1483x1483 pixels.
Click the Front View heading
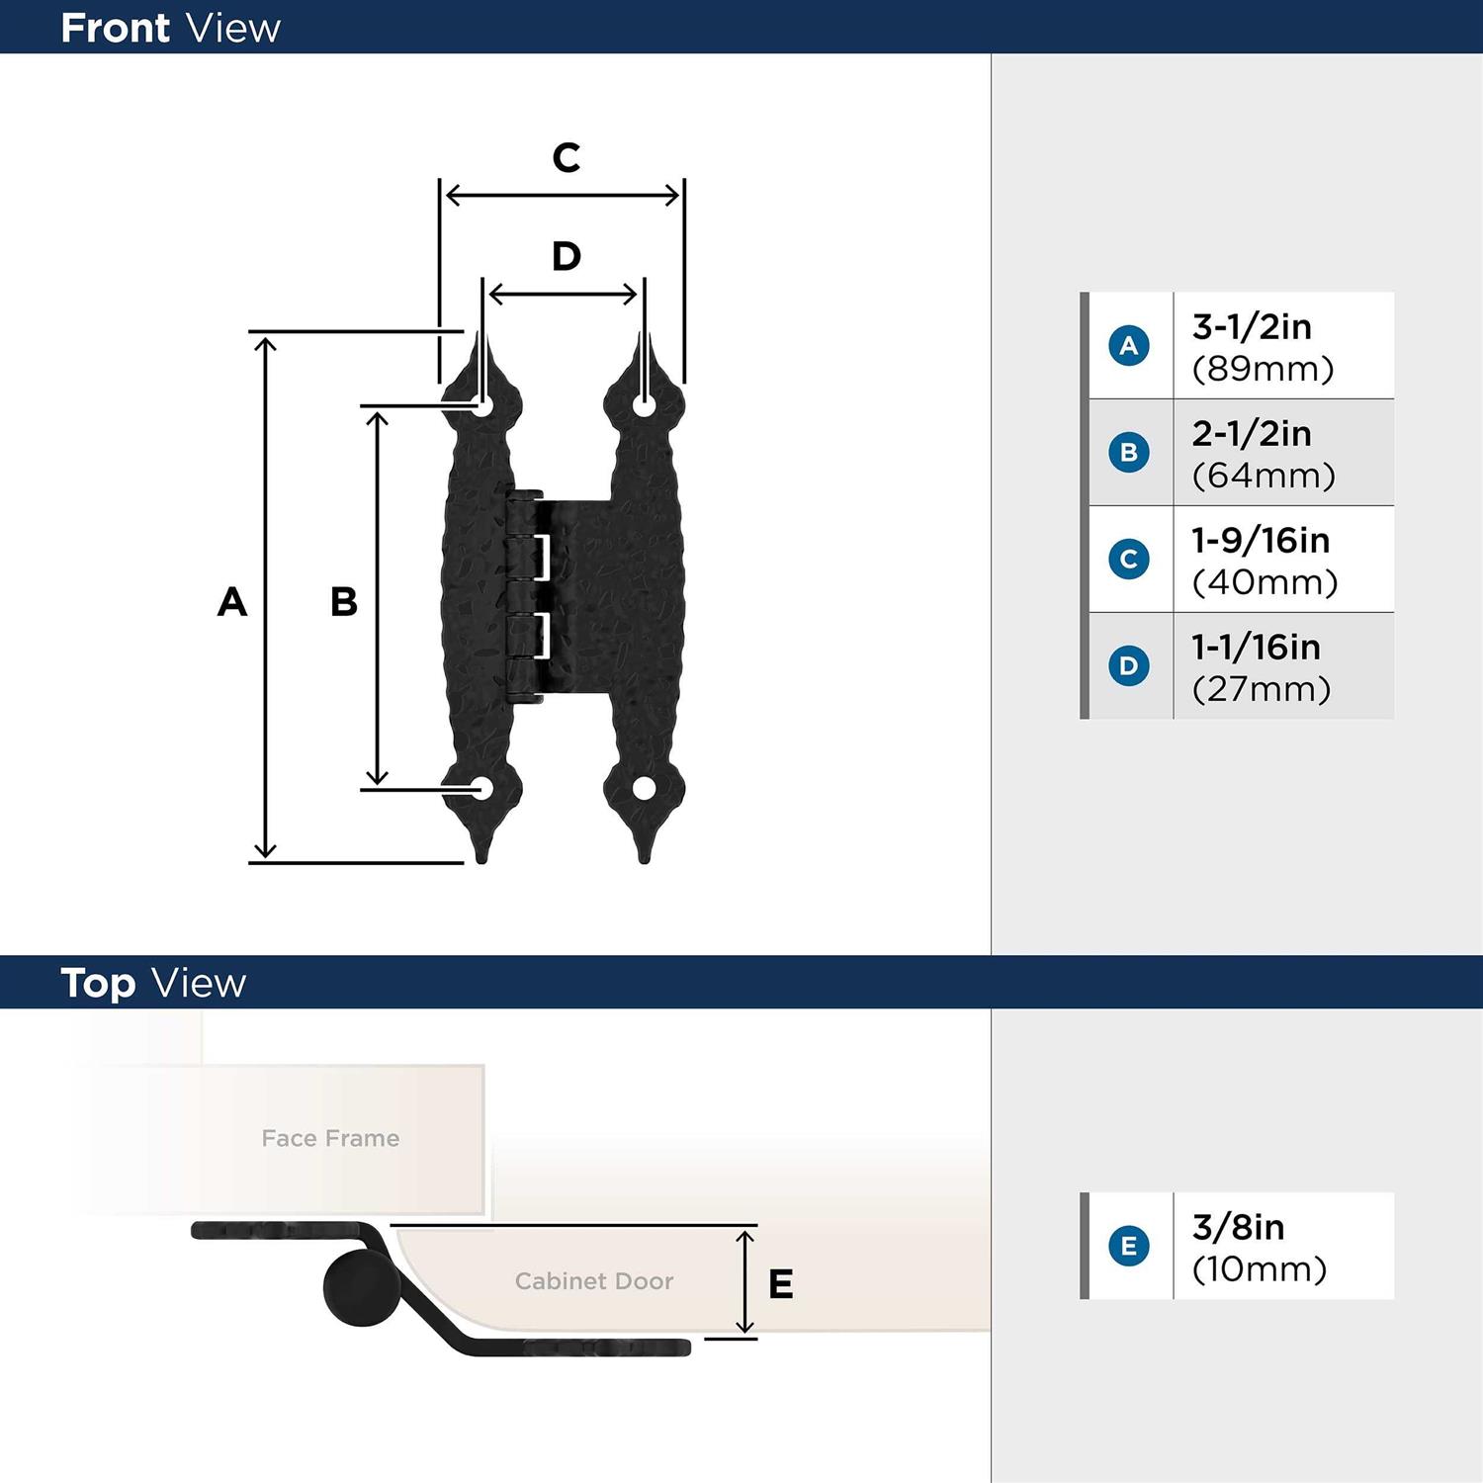(170, 28)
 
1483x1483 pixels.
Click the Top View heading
(153, 983)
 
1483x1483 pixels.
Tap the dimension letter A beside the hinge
(232, 601)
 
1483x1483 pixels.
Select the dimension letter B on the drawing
(344, 601)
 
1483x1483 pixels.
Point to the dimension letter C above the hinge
(566, 157)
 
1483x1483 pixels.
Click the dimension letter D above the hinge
(566, 256)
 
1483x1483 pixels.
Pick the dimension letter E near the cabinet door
(781, 1283)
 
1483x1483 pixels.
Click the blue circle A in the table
(1129, 346)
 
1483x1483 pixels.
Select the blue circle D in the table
(1129, 665)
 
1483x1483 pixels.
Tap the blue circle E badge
(1129, 1246)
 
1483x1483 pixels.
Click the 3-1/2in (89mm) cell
(1263, 347)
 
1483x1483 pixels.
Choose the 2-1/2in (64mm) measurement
(1263, 454)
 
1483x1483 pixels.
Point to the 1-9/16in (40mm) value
(1264, 561)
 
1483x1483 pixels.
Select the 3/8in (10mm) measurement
(1259, 1247)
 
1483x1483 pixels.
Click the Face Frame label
(330, 1138)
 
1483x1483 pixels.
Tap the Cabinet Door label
(593, 1280)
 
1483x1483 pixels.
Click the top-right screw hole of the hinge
(644, 405)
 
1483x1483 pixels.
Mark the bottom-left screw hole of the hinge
(482, 788)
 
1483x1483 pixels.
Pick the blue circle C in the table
(1129, 559)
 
